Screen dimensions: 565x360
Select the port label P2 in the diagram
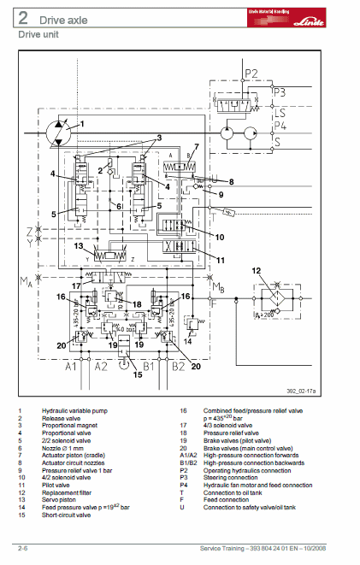(x=251, y=73)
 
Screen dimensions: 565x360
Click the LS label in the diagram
(x=280, y=112)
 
